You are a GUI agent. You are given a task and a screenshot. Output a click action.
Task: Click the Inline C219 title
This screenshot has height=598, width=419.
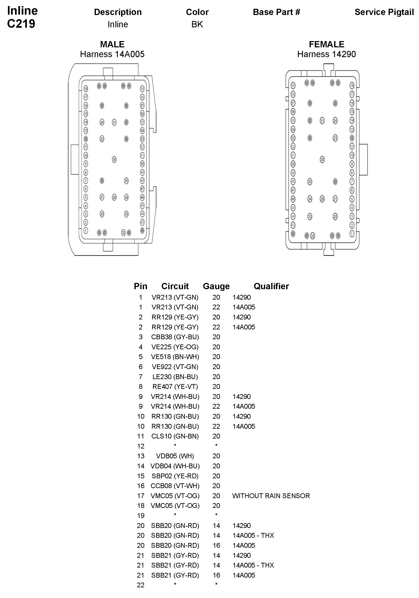22,17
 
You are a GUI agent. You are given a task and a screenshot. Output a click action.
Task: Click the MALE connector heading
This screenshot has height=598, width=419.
112,44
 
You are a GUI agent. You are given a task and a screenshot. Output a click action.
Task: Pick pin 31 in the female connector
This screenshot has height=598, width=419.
322,121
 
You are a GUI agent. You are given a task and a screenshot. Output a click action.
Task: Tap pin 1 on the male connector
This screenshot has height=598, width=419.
86,230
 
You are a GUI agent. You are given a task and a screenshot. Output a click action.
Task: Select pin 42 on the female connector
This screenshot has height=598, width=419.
293,234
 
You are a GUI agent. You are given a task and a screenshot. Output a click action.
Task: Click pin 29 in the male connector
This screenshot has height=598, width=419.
114,197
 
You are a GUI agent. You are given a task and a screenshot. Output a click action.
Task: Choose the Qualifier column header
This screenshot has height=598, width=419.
271,286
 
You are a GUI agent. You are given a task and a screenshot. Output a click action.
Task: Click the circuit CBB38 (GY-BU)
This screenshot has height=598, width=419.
175,337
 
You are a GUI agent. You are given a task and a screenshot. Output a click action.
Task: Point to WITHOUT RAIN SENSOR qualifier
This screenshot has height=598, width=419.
271,496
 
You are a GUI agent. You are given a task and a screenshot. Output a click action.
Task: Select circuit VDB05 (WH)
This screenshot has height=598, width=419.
175,456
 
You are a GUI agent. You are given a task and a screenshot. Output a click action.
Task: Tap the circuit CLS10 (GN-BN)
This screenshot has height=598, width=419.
175,436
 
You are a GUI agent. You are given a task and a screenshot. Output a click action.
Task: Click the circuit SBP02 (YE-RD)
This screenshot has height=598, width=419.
175,476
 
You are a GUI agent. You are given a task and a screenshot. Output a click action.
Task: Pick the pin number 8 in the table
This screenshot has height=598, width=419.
141,387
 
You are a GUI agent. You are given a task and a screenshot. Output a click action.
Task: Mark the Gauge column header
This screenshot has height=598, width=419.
216,286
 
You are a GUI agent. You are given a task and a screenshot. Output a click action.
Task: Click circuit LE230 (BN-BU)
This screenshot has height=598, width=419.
175,377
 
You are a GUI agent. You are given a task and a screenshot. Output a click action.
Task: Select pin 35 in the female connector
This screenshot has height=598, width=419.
310,182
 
